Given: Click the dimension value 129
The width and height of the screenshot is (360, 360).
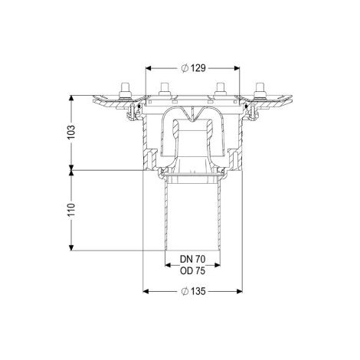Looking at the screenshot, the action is [198, 68].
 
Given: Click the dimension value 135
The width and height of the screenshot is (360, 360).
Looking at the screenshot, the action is [198, 291].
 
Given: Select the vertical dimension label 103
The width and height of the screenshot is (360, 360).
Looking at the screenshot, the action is [71, 132].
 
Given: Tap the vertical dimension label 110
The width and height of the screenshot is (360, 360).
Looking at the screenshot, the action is [71, 210].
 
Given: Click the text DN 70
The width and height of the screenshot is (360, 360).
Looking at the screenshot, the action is [192, 259].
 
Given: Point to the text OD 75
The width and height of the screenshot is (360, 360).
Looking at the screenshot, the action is [192, 271].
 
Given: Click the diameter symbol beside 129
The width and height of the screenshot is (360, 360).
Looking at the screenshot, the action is [185, 68].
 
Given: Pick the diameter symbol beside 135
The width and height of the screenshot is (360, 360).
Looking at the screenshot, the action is [185, 291].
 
